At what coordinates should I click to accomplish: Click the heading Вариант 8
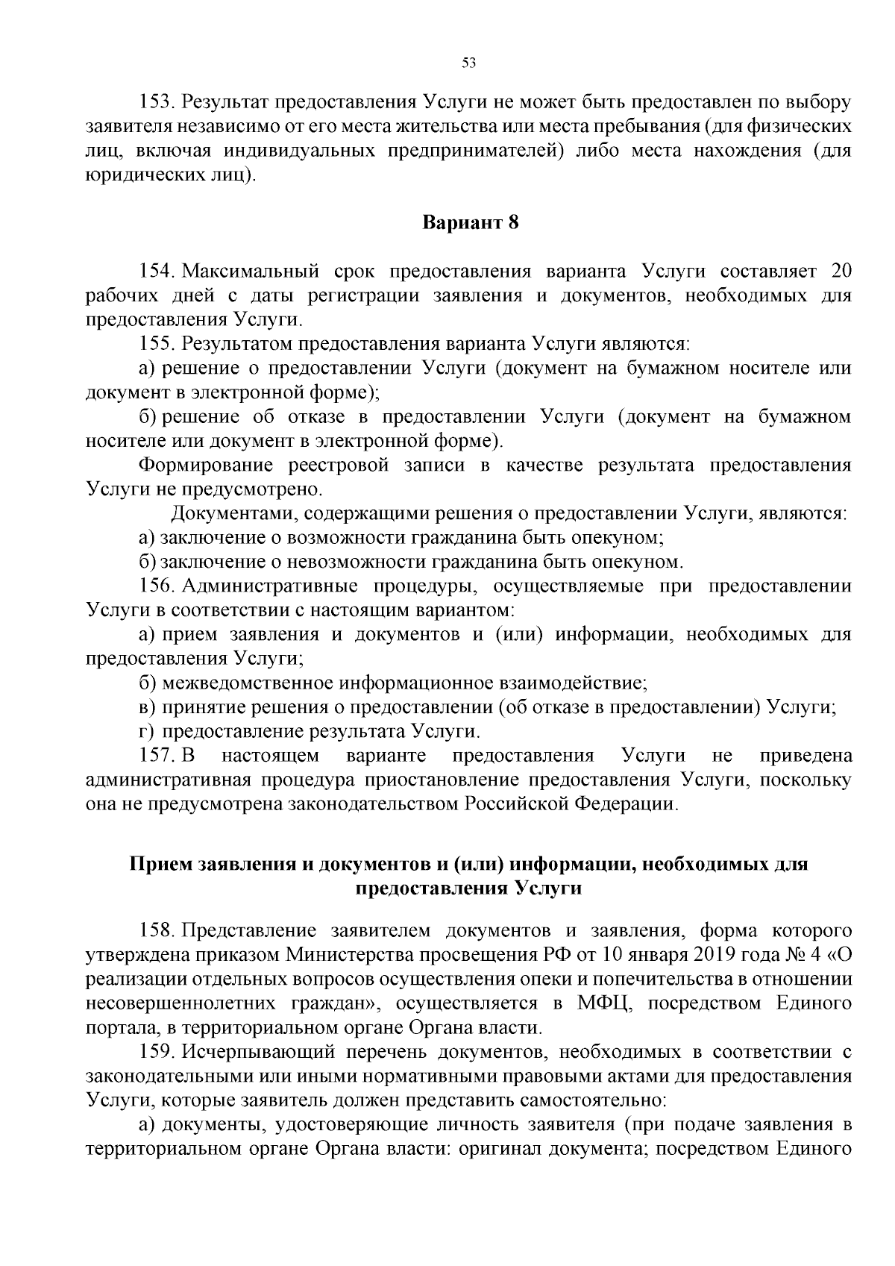click(470, 222)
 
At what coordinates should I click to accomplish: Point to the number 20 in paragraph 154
click(840, 270)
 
